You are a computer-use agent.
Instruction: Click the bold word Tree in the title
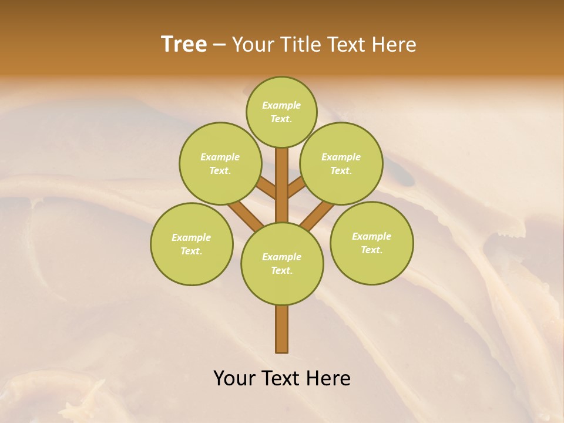click(x=184, y=45)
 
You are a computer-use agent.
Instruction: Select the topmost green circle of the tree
click(x=281, y=112)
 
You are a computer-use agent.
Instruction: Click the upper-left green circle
click(x=220, y=163)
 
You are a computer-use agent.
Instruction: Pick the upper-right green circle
click(x=341, y=163)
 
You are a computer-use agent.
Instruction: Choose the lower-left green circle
click(x=192, y=244)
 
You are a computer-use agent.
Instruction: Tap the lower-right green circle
click(x=371, y=243)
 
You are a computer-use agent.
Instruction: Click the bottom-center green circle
click(x=282, y=263)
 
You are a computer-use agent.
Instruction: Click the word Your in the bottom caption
click(x=234, y=378)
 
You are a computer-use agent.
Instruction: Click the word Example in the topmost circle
click(x=281, y=105)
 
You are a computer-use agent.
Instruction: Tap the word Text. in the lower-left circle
click(x=192, y=251)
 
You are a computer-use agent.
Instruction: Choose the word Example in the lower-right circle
click(x=371, y=236)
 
